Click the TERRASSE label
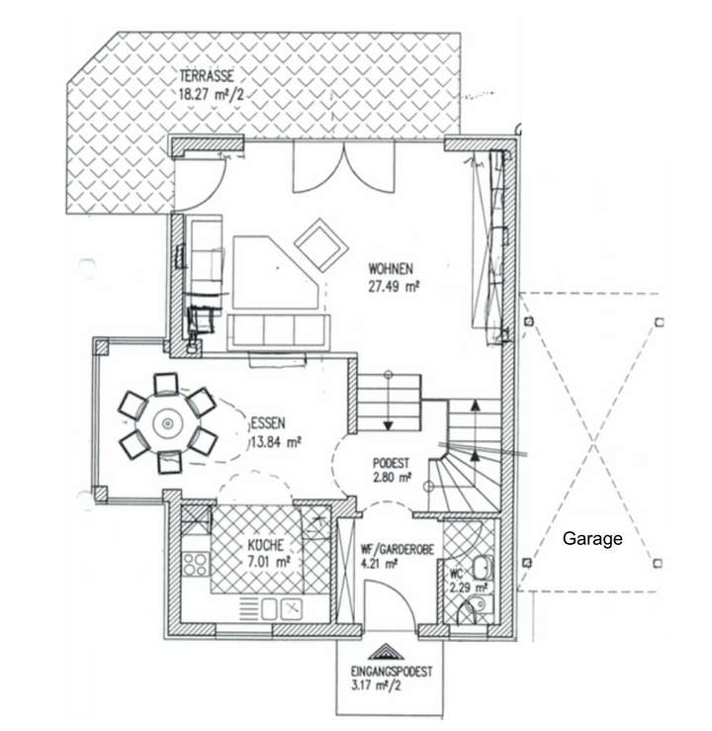tap(207, 76)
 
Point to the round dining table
tap(167, 423)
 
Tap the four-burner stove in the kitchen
tap(195, 565)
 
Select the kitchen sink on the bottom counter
tap(292, 607)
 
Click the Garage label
tap(592, 539)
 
